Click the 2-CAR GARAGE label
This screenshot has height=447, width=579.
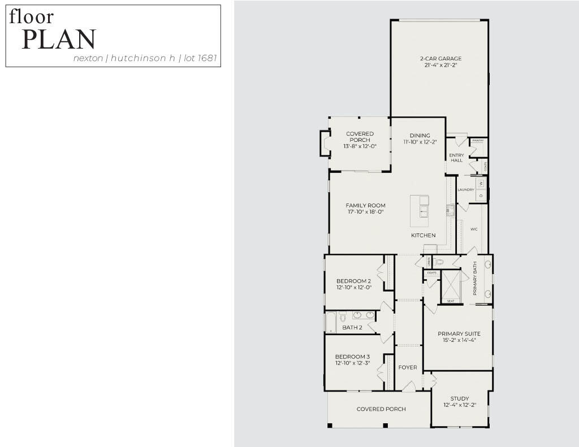point(440,58)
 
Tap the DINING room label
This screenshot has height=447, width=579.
point(420,136)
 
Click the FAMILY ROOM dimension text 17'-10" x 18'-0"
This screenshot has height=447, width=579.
point(366,212)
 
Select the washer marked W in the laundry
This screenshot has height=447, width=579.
point(481,184)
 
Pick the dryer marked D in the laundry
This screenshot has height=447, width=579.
point(481,196)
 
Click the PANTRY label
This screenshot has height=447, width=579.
point(478,140)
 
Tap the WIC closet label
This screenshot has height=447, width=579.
point(474,229)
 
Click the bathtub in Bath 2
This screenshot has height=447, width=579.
point(331,322)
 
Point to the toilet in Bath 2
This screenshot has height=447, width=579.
point(343,318)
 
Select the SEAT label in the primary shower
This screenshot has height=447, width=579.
point(451,301)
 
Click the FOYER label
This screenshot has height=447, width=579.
point(408,367)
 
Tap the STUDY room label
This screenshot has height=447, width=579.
point(460,398)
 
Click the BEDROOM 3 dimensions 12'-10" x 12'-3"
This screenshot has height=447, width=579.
point(352,363)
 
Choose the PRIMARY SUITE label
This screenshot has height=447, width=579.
point(459,333)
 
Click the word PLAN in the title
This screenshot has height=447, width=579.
point(59,40)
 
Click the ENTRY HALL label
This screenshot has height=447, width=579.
point(457,158)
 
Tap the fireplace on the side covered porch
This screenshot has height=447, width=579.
point(325,143)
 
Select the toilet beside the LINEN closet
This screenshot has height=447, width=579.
point(440,262)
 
